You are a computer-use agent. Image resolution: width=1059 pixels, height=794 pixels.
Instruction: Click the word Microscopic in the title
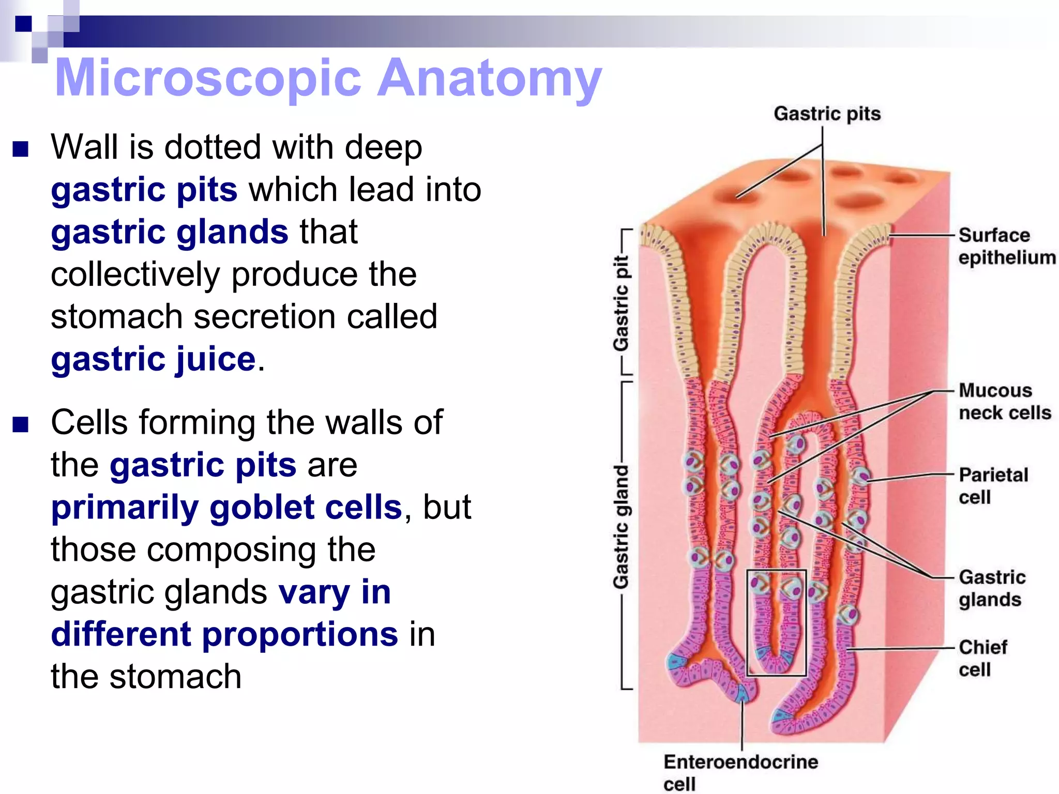coord(207,79)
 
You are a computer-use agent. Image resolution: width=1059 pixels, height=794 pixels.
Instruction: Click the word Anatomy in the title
coord(489,79)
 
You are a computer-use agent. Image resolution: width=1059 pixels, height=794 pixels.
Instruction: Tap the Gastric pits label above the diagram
coord(826,114)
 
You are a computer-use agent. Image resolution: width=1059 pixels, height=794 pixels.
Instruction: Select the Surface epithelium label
coord(1006,246)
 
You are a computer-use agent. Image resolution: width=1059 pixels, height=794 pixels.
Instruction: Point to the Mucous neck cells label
coord(1004,402)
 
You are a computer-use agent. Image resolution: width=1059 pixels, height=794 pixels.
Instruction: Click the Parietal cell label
coord(993,485)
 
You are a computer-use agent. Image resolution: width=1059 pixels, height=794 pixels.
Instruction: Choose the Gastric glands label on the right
coord(992,588)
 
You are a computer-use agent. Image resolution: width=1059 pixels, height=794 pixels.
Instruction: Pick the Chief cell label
coord(982,658)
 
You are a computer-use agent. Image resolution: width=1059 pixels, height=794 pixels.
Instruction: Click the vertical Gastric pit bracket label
coord(621,302)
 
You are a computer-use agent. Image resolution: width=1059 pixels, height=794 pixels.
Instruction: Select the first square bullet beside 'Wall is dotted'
coord(21,149)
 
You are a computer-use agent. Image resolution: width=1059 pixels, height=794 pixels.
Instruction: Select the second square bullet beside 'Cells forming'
coord(21,424)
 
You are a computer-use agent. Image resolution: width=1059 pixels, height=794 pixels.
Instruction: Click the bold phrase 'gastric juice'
coord(153,359)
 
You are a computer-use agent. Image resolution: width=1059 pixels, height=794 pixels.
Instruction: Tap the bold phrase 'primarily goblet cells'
coord(226,507)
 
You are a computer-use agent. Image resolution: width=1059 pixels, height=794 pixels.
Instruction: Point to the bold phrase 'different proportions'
coord(224,634)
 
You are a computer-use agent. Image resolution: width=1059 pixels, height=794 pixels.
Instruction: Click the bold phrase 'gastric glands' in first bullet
coord(169,232)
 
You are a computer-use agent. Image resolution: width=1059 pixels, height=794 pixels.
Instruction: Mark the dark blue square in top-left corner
coord(23,24)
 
